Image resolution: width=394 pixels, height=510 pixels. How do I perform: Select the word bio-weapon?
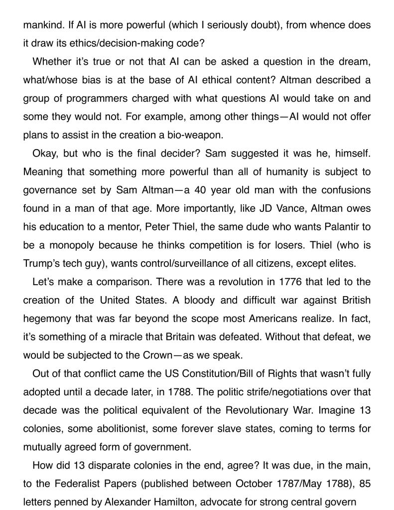pyautogui.click(x=197, y=135)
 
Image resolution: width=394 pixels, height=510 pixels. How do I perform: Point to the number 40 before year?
pyautogui.click(x=199, y=190)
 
